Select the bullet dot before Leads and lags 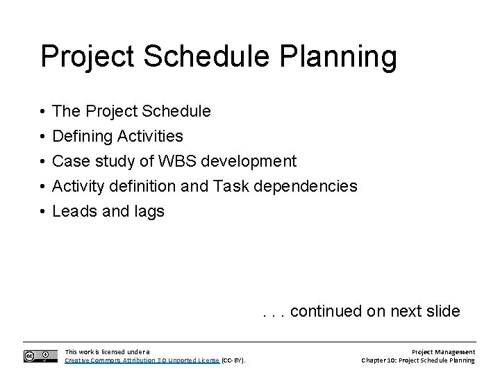click(x=43, y=211)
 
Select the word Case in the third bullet click(x=69, y=161)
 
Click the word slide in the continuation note click(x=440, y=310)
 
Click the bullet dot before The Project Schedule click(x=43, y=111)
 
